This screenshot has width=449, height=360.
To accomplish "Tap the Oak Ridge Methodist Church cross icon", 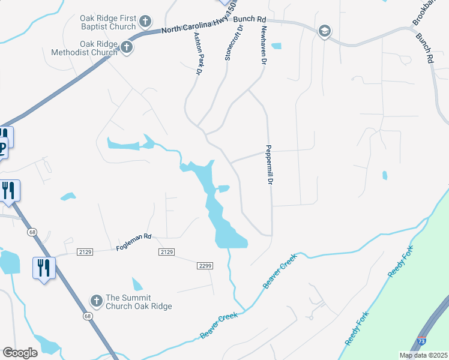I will point(127,47).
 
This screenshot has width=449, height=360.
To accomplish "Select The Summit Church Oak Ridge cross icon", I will point(96,301).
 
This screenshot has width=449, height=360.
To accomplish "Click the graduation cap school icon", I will point(324,31).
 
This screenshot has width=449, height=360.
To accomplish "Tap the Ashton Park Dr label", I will point(197,53).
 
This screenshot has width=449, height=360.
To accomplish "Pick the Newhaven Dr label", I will point(262,46).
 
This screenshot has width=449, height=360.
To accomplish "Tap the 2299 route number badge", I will point(205,265).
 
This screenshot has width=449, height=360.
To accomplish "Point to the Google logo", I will point(20,353).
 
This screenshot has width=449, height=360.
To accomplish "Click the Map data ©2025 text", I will point(423,355).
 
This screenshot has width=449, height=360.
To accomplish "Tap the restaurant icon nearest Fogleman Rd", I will point(43,267).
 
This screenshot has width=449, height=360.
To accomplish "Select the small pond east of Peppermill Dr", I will point(384,175).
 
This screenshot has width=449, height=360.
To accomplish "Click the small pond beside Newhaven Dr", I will point(276,46).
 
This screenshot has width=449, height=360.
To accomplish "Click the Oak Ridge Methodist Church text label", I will point(100,48).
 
